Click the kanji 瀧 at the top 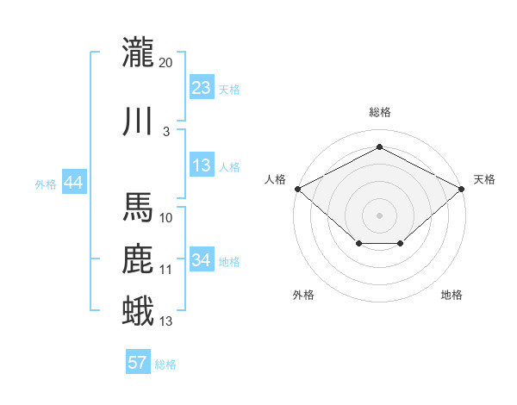(138, 52)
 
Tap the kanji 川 (138, 121)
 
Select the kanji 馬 (138, 207)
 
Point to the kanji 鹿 (138, 259)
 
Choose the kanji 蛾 (138, 310)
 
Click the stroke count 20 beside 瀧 (165, 63)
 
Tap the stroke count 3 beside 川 (166, 132)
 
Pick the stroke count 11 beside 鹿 (165, 270)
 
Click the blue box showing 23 (202, 87)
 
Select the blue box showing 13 (202, 165)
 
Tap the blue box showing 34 (202, 259)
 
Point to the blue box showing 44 (74, 182)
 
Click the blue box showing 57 (138, 361)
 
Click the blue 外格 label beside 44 (46, 184)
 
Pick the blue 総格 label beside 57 (165, 364)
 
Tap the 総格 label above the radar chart (380, 112)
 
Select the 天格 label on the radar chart (484, 179)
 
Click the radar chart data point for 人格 (298, 189)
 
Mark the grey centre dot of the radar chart (379, 215)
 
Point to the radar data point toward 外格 (359, 243)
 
